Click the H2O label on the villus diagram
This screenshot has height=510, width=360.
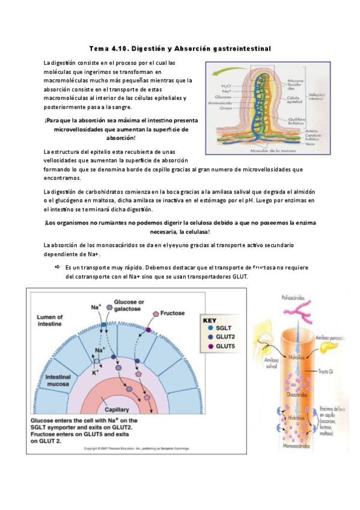tap(226, 85)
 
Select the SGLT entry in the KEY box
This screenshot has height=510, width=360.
tap(222, 328)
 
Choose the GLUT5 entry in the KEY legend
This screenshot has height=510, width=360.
tap(224, 346)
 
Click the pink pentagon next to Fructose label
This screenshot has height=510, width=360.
tap(156, 313)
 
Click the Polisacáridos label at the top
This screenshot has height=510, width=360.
tap(297, 298)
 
